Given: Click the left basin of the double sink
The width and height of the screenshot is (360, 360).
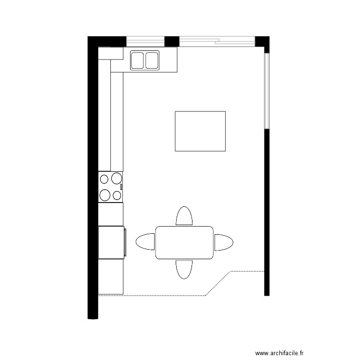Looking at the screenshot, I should point(138,60).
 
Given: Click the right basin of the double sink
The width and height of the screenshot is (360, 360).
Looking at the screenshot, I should point(152,60).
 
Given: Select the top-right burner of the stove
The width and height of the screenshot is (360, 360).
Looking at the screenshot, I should point(116,179).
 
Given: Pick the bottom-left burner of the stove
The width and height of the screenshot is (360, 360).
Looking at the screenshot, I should point(105,195).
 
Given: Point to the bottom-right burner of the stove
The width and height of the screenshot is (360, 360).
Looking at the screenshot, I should point(116,195).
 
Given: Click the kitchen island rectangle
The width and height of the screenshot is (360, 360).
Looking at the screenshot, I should point(200,131).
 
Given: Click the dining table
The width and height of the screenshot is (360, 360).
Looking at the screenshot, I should point(184,242).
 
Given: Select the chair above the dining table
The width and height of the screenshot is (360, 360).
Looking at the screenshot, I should point(184,216).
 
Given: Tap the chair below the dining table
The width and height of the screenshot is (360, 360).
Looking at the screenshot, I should point(184,269).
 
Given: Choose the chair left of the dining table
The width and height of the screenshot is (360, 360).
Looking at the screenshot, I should point(146,242).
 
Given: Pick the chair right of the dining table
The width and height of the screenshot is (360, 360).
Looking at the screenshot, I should point(223,242).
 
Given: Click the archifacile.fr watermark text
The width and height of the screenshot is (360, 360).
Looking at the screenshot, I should point(279,353).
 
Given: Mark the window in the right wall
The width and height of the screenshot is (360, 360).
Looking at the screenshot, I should point(267,90).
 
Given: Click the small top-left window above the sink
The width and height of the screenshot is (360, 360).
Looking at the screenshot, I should point(145,41).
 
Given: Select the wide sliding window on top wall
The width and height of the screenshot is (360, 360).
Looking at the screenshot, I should point(217,41).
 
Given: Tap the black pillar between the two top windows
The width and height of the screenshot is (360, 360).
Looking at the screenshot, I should point(172,41).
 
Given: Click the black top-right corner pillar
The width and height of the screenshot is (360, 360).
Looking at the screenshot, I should point(262,41).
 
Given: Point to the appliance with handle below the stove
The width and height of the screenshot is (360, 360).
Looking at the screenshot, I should point(112,242).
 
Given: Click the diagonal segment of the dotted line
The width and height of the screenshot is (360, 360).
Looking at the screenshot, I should point(218,283).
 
